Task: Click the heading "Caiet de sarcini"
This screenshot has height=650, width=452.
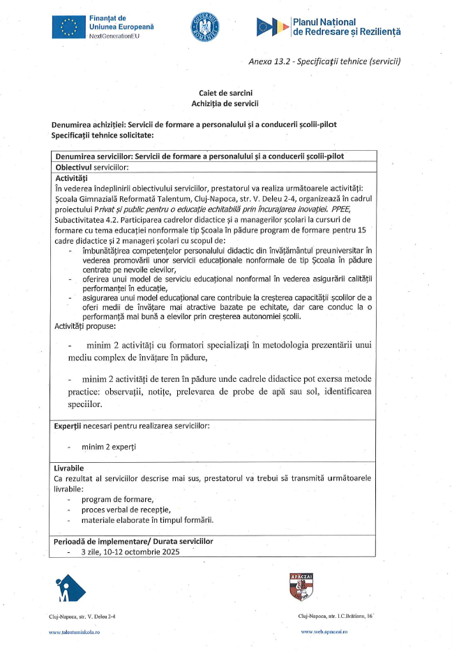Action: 225,93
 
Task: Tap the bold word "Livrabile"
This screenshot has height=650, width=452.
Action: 68,467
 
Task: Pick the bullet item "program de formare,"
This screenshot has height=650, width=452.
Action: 117,499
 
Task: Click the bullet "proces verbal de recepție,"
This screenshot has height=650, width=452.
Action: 126,510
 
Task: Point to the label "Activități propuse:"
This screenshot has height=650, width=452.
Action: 85,325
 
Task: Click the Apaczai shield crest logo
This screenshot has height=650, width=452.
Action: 300,586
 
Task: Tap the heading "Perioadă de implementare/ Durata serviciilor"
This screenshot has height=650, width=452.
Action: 133,541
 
